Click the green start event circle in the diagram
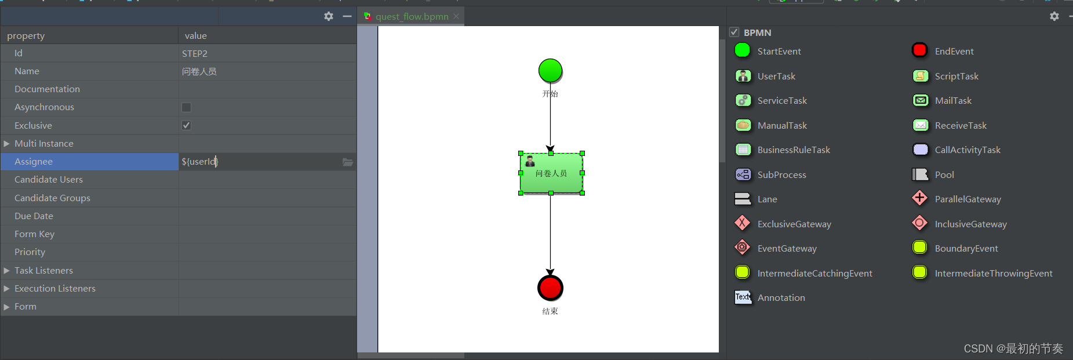tap(550, 71)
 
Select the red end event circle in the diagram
tap(550, 288)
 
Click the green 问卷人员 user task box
tap(551, 173)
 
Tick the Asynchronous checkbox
tap(186, 107)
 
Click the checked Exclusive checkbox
tap(186, 125)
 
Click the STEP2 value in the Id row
tap(195, 53)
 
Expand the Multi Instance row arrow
tap(6, 143)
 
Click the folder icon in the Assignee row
tap(348, 162)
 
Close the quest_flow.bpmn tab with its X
tap(456, 16)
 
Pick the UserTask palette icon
tap(743, 76)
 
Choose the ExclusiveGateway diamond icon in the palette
tap(743, 223)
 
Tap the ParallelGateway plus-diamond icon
tap(920, 198)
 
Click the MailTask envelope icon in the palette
tap(921, 100)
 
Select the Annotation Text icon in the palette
tap(743, 297)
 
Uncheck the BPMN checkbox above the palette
tap(734, 32)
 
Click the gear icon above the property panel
tap(329, 16)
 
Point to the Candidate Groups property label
tap(52, 198)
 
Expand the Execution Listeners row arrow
tap(6, 288)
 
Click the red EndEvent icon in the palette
tap(919, 50)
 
